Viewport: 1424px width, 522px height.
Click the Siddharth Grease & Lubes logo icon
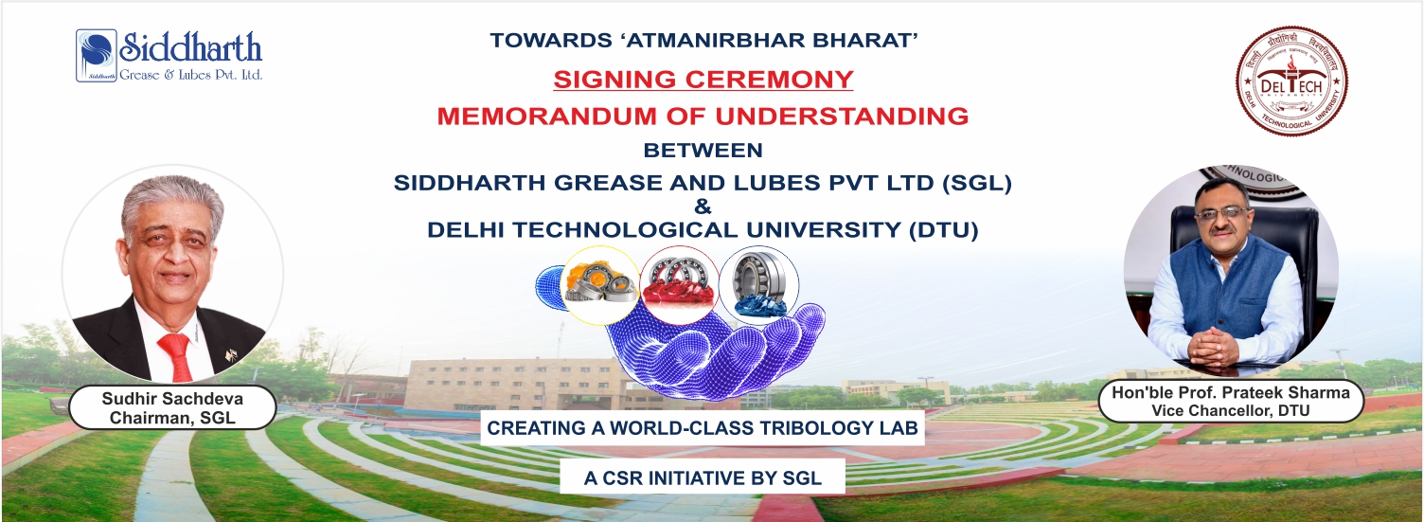click(97, 55)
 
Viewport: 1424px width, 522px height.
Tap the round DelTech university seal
click(1290, 81)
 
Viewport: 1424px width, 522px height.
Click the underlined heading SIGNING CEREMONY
click(703, 79)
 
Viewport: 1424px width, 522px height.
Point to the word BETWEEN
click(703, 150)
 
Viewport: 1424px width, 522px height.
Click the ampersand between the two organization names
click(703, 206)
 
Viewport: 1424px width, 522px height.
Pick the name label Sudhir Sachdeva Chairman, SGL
click(172, 408)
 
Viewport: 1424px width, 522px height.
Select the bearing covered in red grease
click(678, 281)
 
